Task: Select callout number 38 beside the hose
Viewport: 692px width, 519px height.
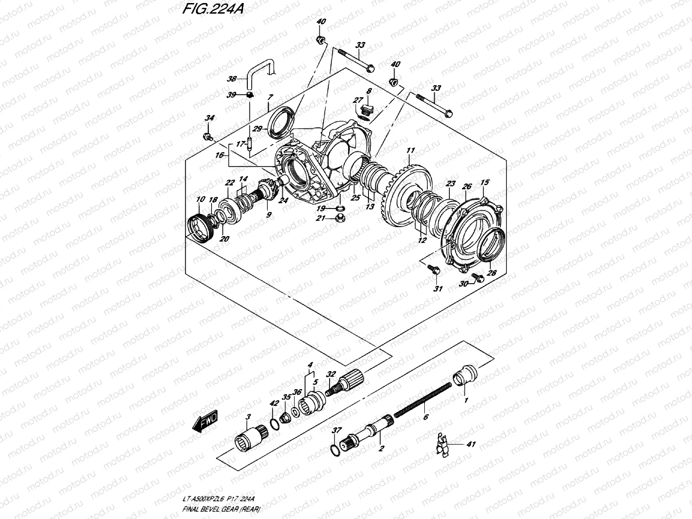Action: coord(243,79)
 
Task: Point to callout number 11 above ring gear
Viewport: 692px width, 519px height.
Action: coord(410,151)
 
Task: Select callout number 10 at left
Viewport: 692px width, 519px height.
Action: coord(200,199)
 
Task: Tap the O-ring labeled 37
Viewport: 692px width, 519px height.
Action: coord(334,450)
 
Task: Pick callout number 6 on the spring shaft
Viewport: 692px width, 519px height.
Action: coord(425,417)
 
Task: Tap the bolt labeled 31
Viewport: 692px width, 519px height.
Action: coord(436,270)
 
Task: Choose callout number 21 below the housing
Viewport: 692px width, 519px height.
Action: coord(320,218)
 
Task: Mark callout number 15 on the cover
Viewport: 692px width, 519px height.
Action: coord(484,183)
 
